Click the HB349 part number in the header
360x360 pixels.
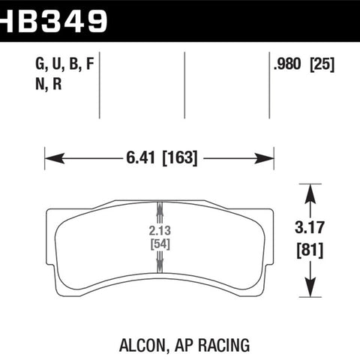click(x=53, y=21)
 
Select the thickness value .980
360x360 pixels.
click(x=287, y=64)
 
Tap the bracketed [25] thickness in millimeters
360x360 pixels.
click(x=322, y=64)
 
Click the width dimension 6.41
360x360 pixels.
click(x=140, y=158)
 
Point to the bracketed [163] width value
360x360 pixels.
click(x=180, y=158)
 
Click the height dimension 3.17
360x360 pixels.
click(x=309, y=227)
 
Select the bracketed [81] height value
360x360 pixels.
click(x=310, y=250)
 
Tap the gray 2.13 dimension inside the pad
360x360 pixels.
click(x=160, y=231)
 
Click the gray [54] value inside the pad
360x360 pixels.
click(x=160, y=244)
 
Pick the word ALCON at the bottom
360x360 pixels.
click(x=143, y=345)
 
